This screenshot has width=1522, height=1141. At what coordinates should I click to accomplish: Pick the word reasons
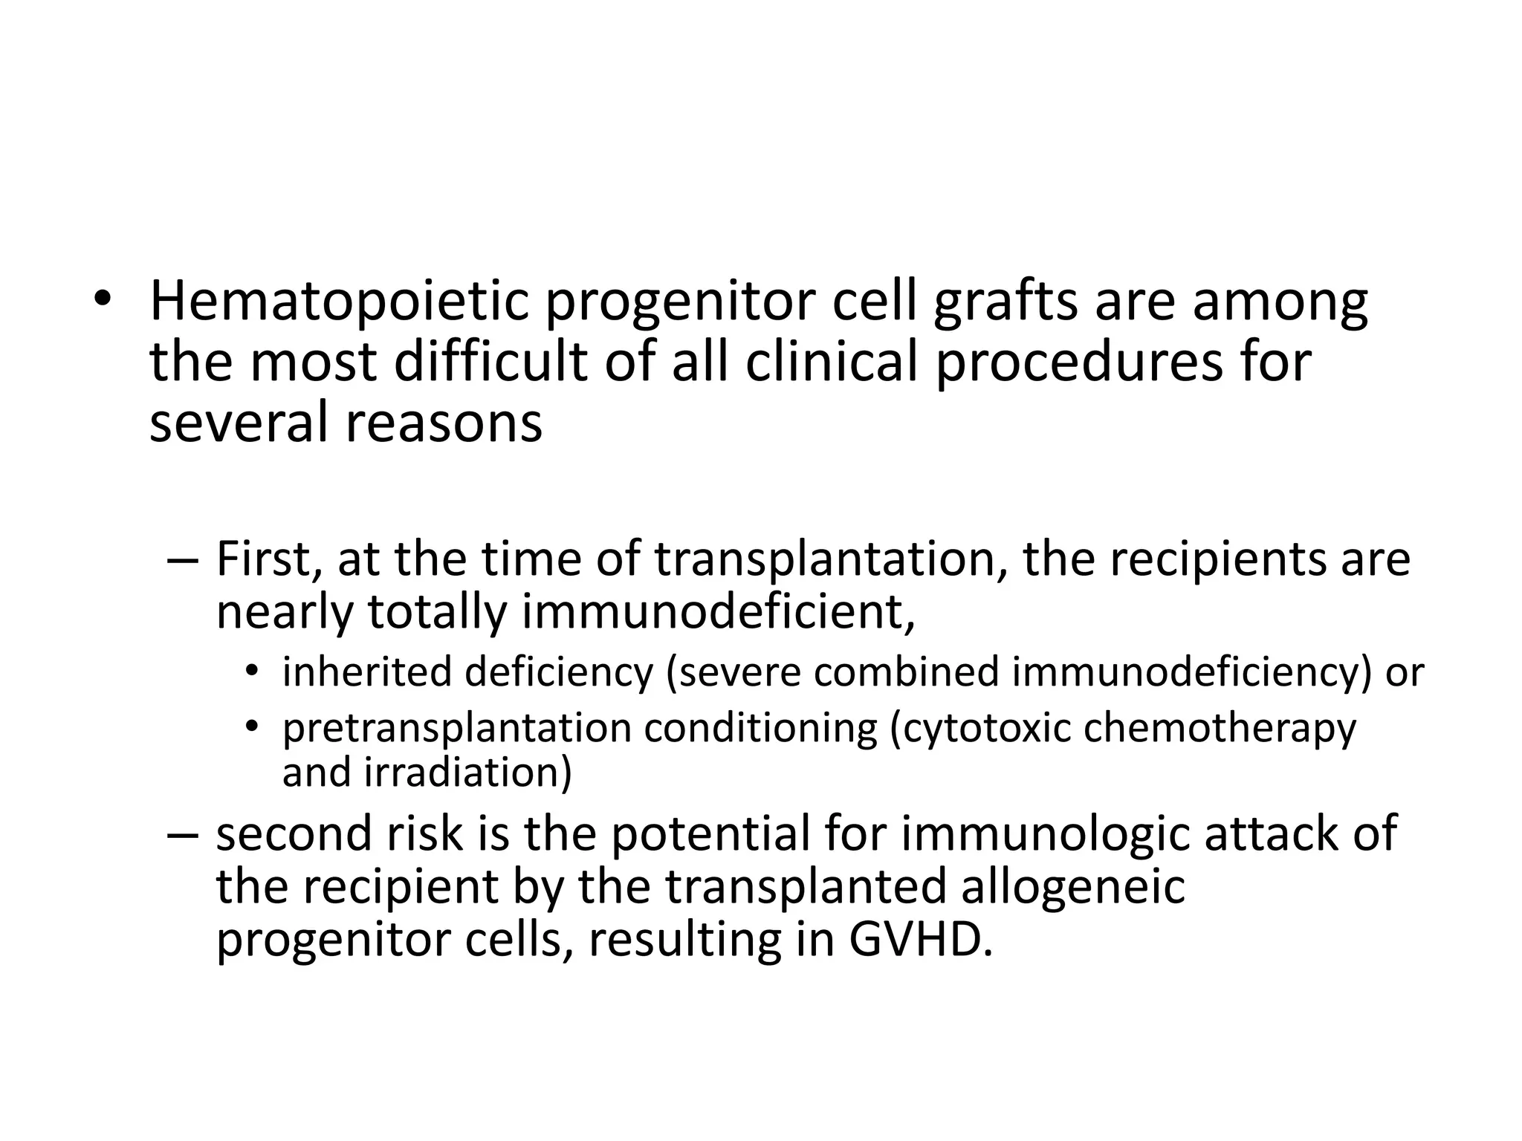pyautogui.click(x=443, y=423)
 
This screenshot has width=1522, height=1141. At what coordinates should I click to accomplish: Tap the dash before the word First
pyautogui.click(x=182, y=561)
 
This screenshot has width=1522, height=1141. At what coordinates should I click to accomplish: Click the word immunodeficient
pyautogui.click(x=717, y=612)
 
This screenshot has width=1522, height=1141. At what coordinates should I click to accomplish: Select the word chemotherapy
pyautogui.click(x=1220, y=728)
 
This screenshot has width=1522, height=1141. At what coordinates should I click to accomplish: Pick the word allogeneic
pyautogui.click(x=1072, y=886)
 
